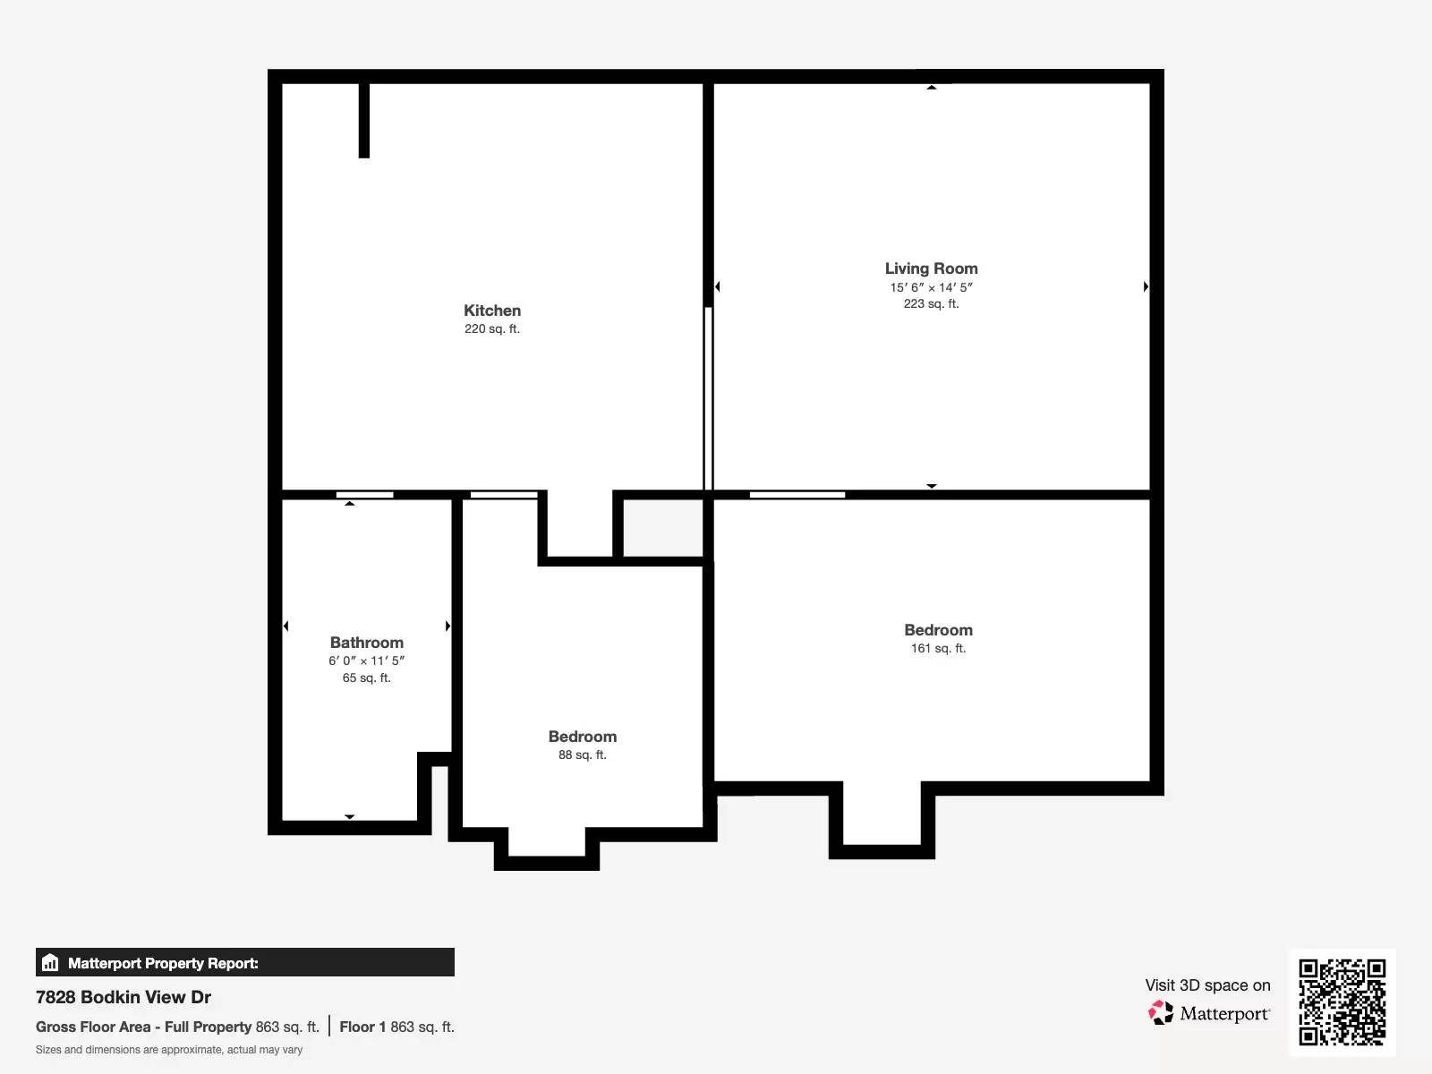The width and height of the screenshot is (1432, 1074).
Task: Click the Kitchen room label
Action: (491, 311)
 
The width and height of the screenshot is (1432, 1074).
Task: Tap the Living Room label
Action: (931, 268)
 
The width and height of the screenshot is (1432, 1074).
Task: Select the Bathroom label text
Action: (366, 643)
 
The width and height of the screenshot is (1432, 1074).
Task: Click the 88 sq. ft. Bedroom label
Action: (582, 737)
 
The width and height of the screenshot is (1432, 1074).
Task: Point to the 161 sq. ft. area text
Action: (938, 649)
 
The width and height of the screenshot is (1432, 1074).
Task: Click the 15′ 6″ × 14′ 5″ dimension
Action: (931, 287)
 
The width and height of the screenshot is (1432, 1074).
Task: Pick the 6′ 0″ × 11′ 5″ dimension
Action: (366, 661)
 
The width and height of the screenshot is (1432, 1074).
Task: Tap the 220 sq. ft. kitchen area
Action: (491, 329)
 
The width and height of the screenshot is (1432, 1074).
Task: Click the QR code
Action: (1342, 1002)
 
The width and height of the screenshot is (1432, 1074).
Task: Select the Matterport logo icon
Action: (1161, 1013)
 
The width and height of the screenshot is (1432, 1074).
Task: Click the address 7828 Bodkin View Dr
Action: (124, 997)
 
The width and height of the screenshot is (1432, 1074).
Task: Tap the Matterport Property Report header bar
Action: (244, 963)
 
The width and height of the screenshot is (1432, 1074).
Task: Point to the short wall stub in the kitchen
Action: (364, 120)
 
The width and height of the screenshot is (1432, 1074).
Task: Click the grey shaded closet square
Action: (662, 528)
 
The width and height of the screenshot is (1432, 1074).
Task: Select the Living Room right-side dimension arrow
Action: (1146, 286)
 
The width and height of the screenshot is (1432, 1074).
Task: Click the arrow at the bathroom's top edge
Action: (350, 504)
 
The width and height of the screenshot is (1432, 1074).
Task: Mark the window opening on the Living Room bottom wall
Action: (797, 494)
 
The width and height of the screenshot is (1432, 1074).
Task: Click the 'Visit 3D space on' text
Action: (1207, 985)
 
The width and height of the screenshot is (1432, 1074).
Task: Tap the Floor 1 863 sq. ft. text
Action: (396, 1027)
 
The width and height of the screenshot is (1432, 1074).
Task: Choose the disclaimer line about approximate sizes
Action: (169, 1050)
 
